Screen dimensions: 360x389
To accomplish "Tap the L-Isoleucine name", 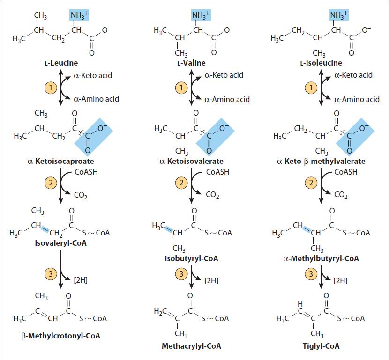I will pyautogui.click(x=322, y=63).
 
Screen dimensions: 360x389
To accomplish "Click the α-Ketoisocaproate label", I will pyautogui.click(x=61, y=161).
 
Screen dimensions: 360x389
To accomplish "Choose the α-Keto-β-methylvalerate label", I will pyautogui.click(x=322, y=161).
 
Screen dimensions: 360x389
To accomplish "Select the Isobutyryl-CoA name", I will pyautogui.click(x=191, y=258).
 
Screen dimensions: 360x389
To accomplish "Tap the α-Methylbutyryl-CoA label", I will pyautogui.click(x=322, y=258).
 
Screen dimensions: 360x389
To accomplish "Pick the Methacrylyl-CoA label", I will pyautogui.click(x=191, y=346).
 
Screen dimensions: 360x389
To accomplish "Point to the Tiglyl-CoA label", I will pyautogui.click(x=322, y=346).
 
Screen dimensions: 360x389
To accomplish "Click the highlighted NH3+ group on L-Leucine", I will pyautogui.click(x=79, y=16).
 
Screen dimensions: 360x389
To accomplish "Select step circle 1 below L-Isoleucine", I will pyautogui.click(x=312, y=87).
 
